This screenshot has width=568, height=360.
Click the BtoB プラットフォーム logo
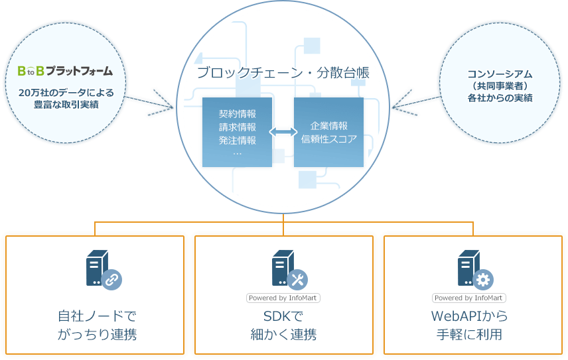pos(65,70)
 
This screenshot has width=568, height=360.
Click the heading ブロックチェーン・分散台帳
pos(283,73)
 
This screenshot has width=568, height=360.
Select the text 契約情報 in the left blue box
pos(237,113)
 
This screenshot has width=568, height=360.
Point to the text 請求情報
pos(237,127)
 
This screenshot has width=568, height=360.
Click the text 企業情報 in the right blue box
pos(328,125)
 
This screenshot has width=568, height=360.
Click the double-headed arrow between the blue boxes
pos(283,133)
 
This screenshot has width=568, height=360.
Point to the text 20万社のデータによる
pos(66,92)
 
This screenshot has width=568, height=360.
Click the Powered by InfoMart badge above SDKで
pos(283,298)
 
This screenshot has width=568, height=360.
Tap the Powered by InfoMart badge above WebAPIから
pos(468,298)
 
